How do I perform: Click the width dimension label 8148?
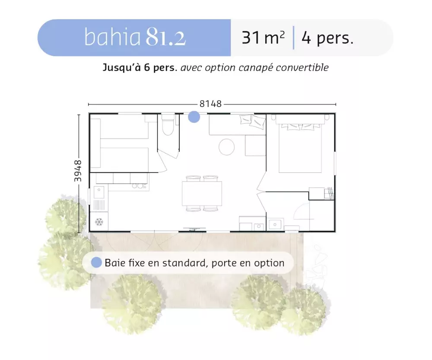click(x=210, y=104)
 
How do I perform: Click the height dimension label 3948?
click(x=78, y=171)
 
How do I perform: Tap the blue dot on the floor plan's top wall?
click(x=194, y=117)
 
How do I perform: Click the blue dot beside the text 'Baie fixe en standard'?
click(x=96, y=263)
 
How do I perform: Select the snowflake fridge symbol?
click(x=99, y=222)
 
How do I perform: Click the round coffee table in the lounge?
click(x=226, y=147)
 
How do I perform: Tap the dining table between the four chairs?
click(x=202, y=194)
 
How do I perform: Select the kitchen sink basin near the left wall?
click(x=99, y=192)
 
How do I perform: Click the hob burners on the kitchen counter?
click(x=139, y=186)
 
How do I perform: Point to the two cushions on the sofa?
click(x=253, y=121)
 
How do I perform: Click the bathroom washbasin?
click(x=275, y=224)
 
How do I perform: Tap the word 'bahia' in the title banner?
click(x=112, y=37)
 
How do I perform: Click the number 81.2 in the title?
click(x=166, y=37)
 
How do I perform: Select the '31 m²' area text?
click(x=263, y=38)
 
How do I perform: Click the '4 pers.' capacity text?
click(x=327, y=38)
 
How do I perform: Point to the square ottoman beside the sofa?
click(x=255, y=146)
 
